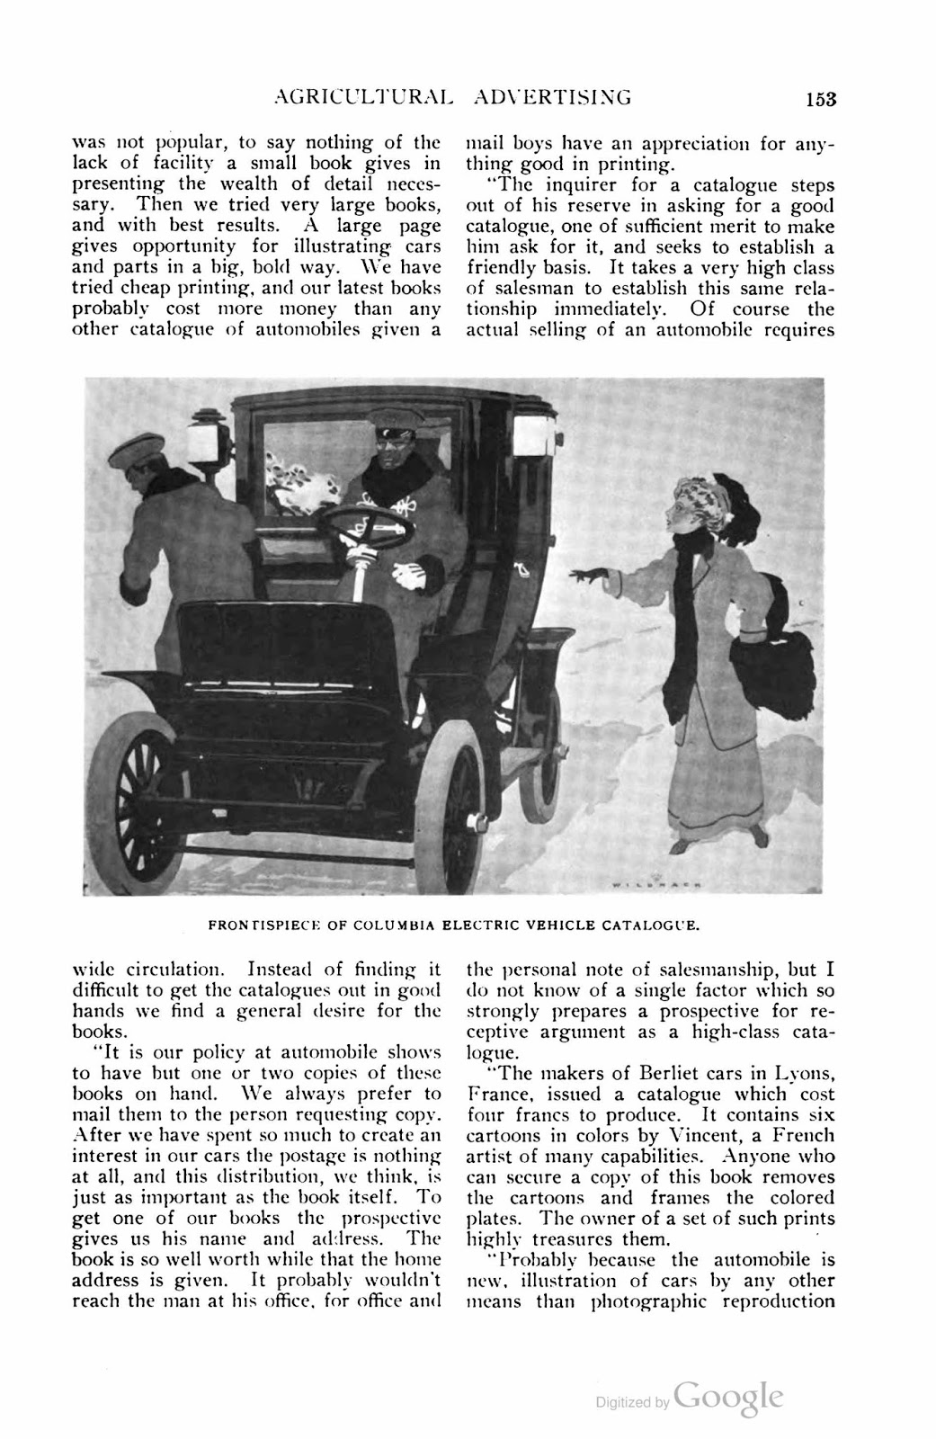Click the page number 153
coord(820,98)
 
